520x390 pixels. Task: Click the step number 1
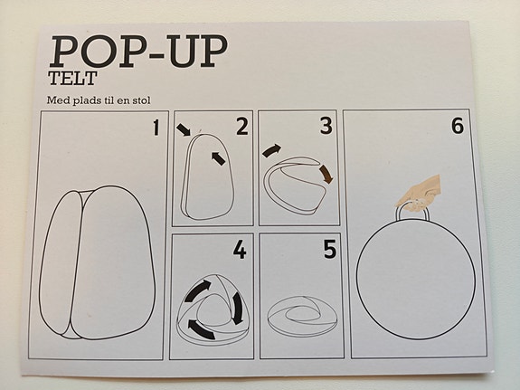point(155,127)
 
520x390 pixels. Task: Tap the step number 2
point(241,127)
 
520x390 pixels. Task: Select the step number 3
point(326,127)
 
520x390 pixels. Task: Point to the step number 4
point(239,250)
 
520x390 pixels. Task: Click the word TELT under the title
point(71,79)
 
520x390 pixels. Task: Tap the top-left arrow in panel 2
point(184,130)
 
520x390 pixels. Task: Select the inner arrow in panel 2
point(218,158)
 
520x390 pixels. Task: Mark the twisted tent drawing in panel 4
point(214,307)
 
